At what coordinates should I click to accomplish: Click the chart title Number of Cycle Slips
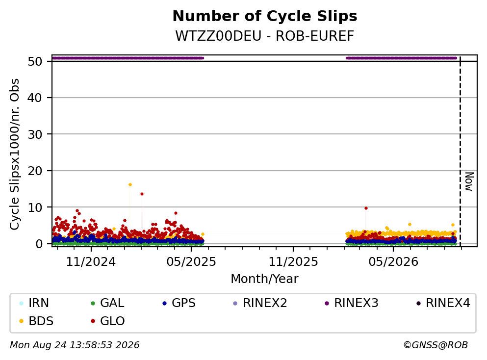click(x=265, y=16)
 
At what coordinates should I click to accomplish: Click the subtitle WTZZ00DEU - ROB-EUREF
click(x=265, y=36)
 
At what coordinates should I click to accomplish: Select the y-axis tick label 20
click(x=35, y=171)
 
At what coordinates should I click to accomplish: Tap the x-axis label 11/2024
click(x=91, y=262)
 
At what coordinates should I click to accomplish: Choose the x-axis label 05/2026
click(x=393, y=262)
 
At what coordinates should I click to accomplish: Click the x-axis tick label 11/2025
click(x=293, y=262)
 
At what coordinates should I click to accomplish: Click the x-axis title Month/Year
click(x=264, y=279)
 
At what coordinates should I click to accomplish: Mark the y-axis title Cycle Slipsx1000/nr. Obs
click(x=15, y=154)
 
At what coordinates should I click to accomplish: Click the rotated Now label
click(x=469, y=181)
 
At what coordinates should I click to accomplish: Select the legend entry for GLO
click(x=108, y=321)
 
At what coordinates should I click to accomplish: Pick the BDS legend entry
click(x=36, y=321)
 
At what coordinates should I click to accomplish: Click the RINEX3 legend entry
click(x=352, y=303)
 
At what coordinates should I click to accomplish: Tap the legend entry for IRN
click(x=34, y=303)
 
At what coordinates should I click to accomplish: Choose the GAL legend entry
click(x=107, y=303)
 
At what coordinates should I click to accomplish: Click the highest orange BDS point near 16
click(x=130, y=185)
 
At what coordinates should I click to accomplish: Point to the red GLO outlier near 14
click(x=142, y=194)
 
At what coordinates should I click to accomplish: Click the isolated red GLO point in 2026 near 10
click(x=366, y=208)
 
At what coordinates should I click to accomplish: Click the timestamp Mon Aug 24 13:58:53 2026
click(x=75, y=345)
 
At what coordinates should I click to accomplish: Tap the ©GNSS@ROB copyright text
click(x=436, y=345)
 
